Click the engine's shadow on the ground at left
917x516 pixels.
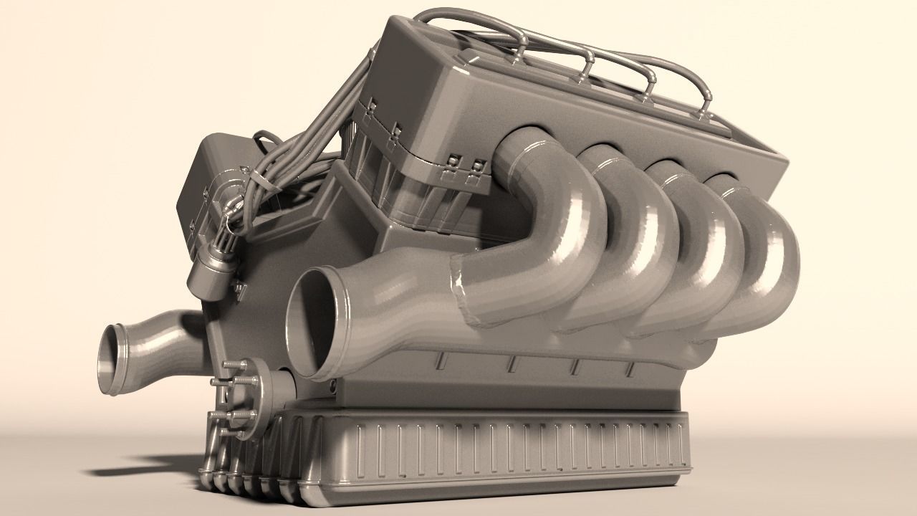(143, 466)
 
